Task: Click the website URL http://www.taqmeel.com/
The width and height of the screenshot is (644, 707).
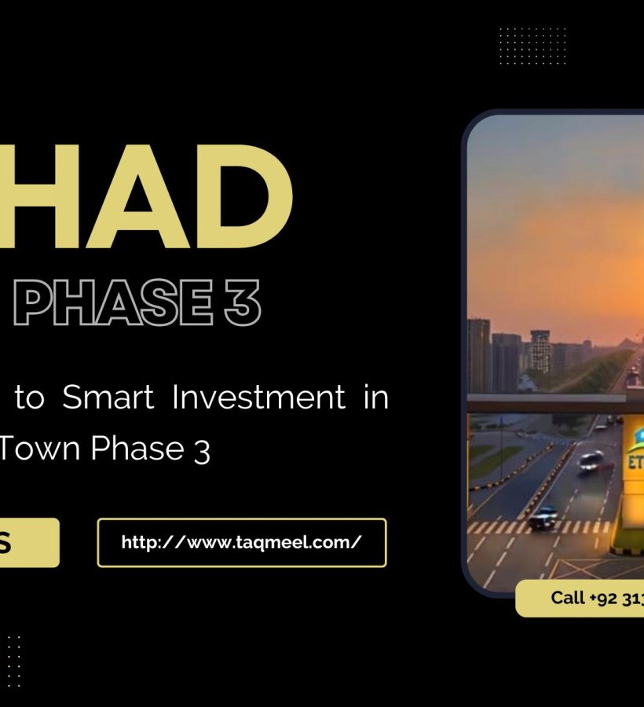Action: pyautogui.click(x=241, y=542)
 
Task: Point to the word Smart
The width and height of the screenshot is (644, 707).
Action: pyautogui.click(x=108, y=398)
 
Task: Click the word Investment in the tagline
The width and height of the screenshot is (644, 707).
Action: pyautogui.click(x=258, y=398)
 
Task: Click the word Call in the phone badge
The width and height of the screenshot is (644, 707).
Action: pyautogui.click(x=567, y=598)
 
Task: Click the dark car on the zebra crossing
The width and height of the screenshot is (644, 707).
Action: pyautogui.click(x=543, y=517)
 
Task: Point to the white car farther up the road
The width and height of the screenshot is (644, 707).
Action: pyautogui.click(x=591, y=461)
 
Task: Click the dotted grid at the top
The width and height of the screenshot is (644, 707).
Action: pyautogui.click(x=532, y=46)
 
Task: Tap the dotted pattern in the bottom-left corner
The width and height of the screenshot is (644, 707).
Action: pyautogui.click(x=13, y=660)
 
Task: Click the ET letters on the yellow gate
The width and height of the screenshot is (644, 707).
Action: pyautogui.click(x=635, y=461)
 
